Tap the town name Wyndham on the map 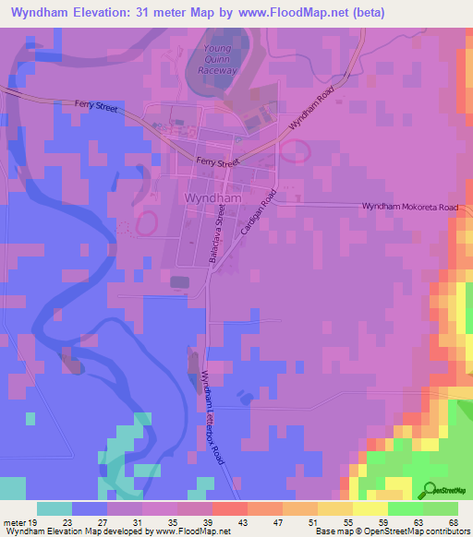pyautogui.click(x=213, y=198)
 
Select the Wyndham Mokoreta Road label pyautogui.click(x=409, y=208)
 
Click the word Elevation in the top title pyautogui.click(x=114, y=13)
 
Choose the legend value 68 pyautogui.click(x=452, y=521)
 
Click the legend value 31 pyautogui.click(x=136, y=521)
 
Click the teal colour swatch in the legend pyautogui.click(x=55, y=508)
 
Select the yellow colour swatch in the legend pyautogui.click(x=370, y=508)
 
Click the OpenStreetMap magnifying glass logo pyautogui.click(x=428, y=491)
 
